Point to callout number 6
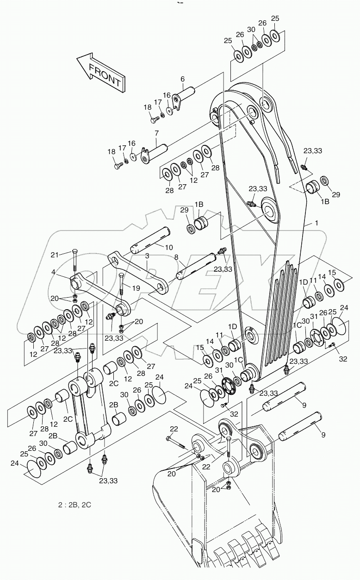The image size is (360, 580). coord(182,79)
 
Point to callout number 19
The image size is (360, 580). coord(136,287)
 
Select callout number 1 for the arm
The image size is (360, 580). coord(316,223)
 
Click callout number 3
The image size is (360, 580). coord(147,256)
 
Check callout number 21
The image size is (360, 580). coord(55,255)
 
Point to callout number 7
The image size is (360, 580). coord(156,133)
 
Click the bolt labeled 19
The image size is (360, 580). coord(121,286)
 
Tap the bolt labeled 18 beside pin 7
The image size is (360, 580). coord(118,164)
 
